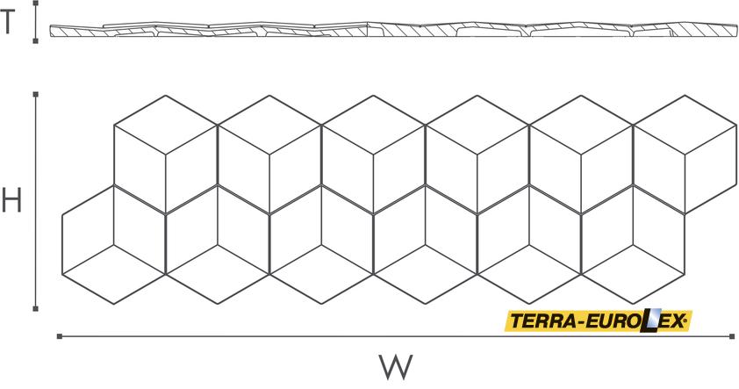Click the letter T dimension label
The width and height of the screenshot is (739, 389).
pos(8,22)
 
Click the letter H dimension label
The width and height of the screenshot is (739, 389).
pos(11,200)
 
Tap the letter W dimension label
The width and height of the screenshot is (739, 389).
pos(396,367)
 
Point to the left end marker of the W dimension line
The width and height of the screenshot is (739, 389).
pos(60,336)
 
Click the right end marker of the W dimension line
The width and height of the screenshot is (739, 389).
pos(732,336)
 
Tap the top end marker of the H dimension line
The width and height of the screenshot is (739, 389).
pos(35,94)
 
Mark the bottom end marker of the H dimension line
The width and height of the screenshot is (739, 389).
pos(35,309)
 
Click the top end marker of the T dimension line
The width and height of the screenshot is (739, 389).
pos(35,3)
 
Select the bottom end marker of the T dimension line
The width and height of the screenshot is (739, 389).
pos(35,41)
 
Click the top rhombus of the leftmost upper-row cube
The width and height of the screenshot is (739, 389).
pos(165,125)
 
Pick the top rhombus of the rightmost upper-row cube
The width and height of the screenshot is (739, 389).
pos(685,125)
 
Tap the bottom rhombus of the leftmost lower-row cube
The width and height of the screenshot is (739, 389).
pos(113,275)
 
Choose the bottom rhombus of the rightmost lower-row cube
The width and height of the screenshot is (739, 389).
pos(633,275)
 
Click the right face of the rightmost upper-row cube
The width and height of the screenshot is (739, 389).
pos(711,169)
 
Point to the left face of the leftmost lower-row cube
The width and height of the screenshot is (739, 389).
pos(88,229)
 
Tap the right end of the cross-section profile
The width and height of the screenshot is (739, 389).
pos(737,30)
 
